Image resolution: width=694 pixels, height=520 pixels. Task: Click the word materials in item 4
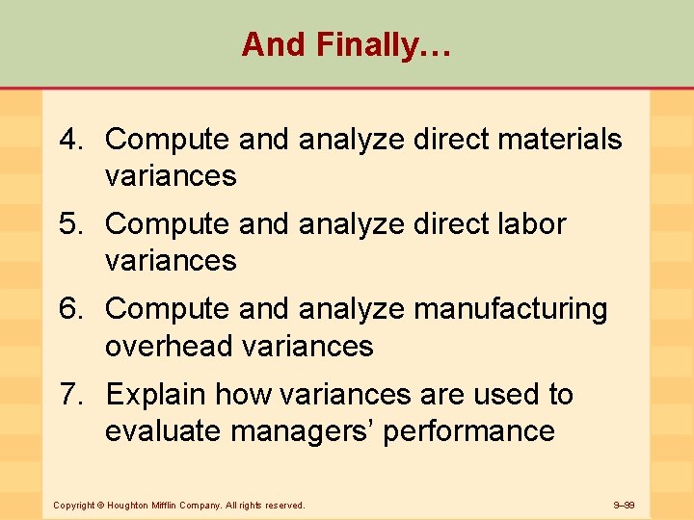[x=559, y=140]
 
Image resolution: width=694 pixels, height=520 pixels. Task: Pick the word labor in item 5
[x=531, y=224]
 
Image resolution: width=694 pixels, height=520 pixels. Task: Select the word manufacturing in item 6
[x=511, y=309]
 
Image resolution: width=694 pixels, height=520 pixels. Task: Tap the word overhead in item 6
[x=170, y=346]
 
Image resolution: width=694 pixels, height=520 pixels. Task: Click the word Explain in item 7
[x=156, y=395]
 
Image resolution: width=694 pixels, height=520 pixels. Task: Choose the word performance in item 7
[x=469, y=430]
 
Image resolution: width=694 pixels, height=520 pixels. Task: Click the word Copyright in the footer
[x=73, y=505]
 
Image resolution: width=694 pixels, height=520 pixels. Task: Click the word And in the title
[x=267, y=44]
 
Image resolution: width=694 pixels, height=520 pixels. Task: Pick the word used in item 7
[x=512, y=395]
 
